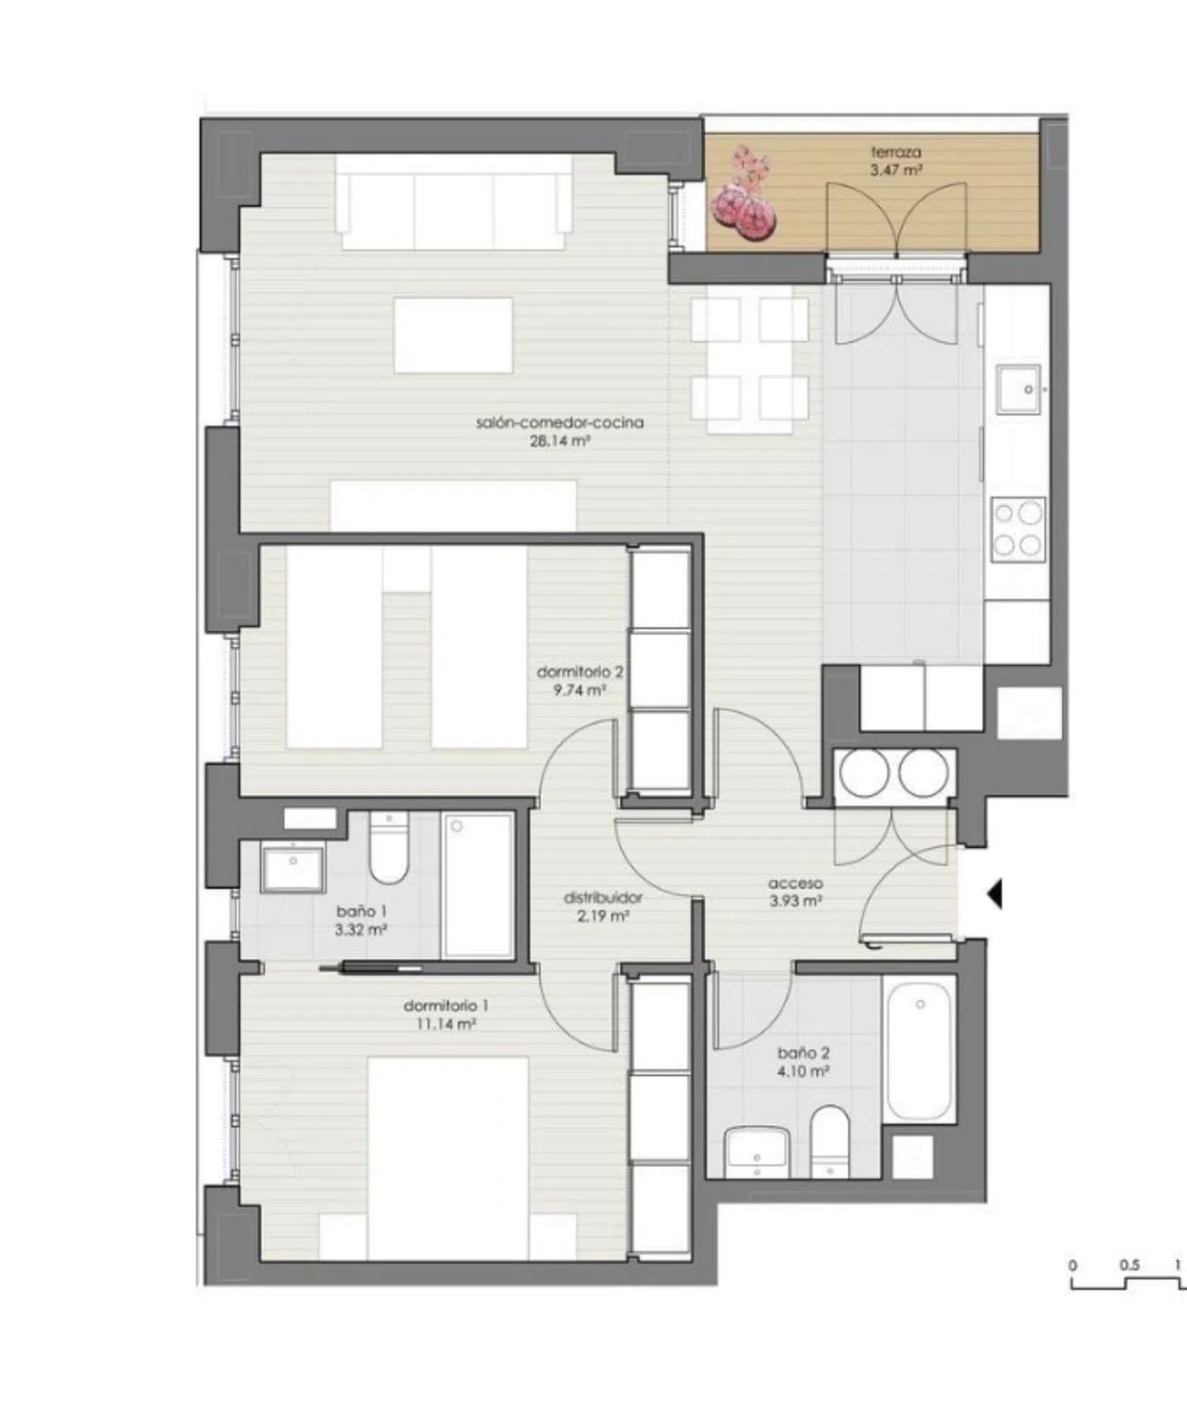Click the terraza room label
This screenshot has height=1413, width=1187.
tap(896, 152)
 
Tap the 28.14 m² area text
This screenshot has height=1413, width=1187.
tap(560, 441)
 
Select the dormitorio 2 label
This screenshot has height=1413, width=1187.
tap(579, 672)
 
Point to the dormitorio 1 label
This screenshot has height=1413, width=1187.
tap(446, 1006)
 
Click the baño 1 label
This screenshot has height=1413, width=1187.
tap(361, 911)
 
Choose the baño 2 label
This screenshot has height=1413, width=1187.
tap(803, 1053)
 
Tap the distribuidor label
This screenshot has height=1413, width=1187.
tap(603, 898)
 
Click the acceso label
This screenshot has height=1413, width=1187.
tap(795, 883)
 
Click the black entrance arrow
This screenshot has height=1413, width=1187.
tap(994, 894)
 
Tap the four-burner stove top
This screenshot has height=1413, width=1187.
tap(1018, 529)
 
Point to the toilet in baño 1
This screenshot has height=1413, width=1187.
tap(389, 848)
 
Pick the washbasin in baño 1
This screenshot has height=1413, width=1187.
tap(293, 869)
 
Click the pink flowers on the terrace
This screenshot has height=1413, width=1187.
tap(745, 195)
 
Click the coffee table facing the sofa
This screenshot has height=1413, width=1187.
tap(453, 335)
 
